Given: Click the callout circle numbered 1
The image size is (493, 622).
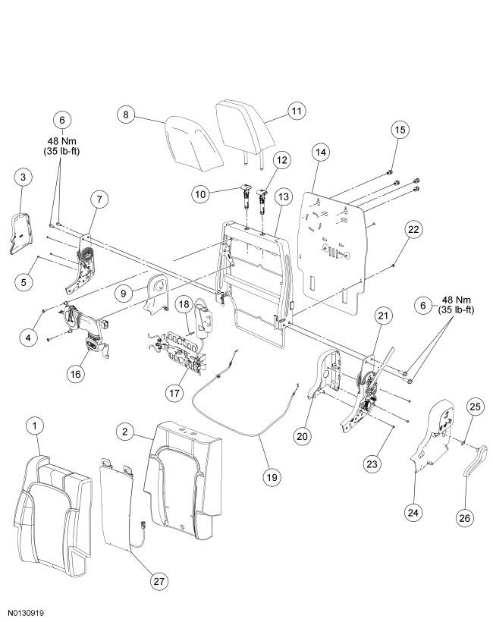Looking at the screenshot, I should [34, 426].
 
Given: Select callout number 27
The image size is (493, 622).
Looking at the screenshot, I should [157, 581].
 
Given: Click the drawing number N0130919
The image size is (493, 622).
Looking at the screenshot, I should [30, 610].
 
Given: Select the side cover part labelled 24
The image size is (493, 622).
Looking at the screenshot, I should [435, 440].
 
